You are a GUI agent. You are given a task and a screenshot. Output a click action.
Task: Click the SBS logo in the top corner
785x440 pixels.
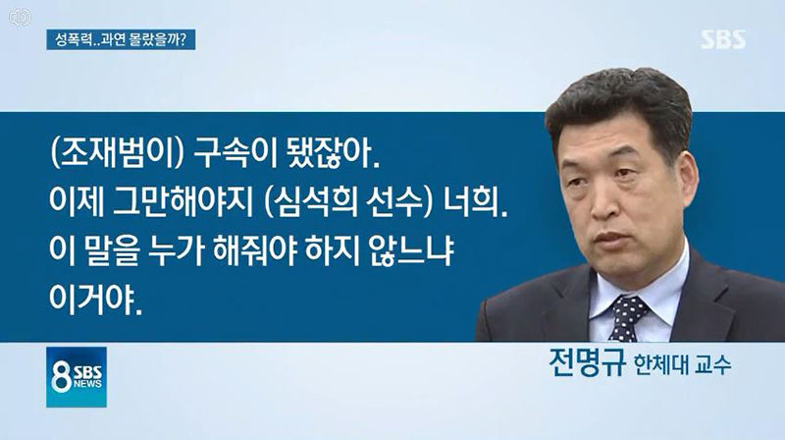[x=722, y=38]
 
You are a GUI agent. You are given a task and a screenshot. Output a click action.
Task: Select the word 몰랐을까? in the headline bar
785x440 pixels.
[x=162, y=41]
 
